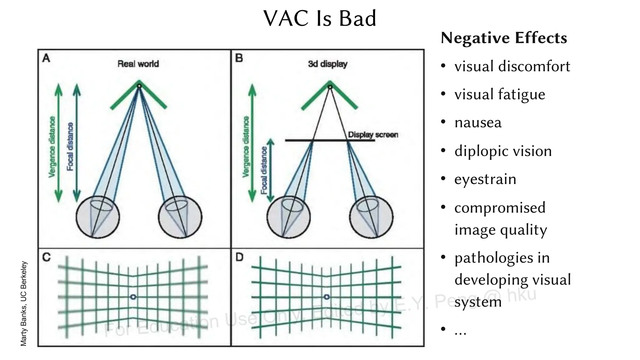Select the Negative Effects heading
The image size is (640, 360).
503,38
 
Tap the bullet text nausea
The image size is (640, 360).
478,122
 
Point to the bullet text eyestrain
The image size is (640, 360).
485,179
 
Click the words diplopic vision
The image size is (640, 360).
503,151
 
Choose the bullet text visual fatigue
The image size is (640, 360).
499,94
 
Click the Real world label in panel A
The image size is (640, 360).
138,64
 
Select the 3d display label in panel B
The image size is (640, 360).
327,64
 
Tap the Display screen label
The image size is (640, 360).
373,135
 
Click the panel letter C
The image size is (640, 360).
46,257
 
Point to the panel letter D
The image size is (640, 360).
239,257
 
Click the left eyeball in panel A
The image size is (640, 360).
98,217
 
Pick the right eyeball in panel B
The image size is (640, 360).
371,217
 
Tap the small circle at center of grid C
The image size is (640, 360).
133,297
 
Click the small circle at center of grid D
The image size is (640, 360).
327,297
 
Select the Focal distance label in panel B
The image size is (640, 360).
264,170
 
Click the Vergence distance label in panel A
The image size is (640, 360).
52,147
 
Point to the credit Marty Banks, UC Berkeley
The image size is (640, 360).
23,303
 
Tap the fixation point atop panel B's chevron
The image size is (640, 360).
330,87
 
